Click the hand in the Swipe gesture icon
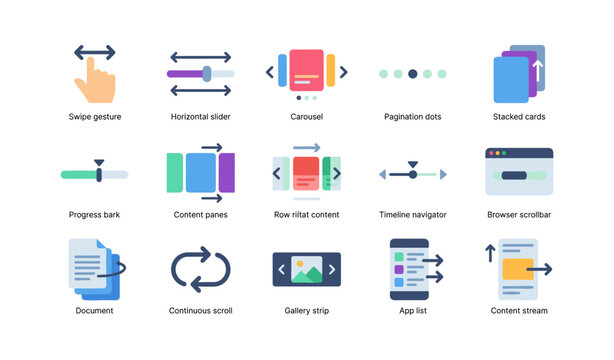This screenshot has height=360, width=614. (x=96, y=84)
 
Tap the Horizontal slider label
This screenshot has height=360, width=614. (x=201, y=117)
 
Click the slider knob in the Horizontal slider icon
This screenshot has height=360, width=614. (x=207, y=73)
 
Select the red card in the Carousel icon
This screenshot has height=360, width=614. (x=307, y=71)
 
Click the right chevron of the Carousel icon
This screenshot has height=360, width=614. (x=344, y=72)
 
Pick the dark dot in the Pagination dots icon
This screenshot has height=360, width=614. (x=413, y=74)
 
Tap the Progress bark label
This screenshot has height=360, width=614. (x=95, y=214)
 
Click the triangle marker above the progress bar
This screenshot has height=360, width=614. (x=98, y=162)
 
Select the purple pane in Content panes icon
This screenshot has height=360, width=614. (x=227, y=172)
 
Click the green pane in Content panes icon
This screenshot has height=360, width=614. (x=175, y=172)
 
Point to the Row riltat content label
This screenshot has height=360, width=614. (x=306, y=214)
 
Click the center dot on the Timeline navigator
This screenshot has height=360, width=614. (x=412, y=175)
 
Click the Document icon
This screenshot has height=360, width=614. (x=94, y=268)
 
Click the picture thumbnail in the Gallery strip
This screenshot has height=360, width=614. (x=306, y=269)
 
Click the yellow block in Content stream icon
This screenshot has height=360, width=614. (x=517, y=269)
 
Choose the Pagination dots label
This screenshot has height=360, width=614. (x=413, y=117)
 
